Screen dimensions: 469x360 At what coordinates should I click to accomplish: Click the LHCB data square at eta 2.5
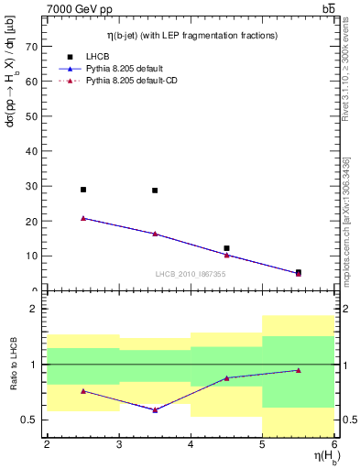click(83, 190)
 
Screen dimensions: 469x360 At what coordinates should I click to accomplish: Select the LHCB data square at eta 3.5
click(155, 191)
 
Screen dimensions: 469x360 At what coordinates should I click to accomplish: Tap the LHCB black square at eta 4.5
click(226, 248)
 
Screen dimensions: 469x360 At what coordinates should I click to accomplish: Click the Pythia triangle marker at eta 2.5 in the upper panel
click(83, 218)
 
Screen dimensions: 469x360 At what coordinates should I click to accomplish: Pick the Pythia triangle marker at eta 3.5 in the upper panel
click(155, 234)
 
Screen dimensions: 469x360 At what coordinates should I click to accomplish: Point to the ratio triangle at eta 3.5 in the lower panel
click(155, 409)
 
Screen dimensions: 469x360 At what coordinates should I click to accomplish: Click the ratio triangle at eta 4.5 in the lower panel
click(226, 377)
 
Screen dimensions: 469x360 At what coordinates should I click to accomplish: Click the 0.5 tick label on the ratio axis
click(30, 420)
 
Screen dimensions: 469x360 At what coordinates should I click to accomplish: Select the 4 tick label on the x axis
click(191, 445)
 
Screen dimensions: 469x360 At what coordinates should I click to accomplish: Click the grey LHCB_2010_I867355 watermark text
click(191, 274)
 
